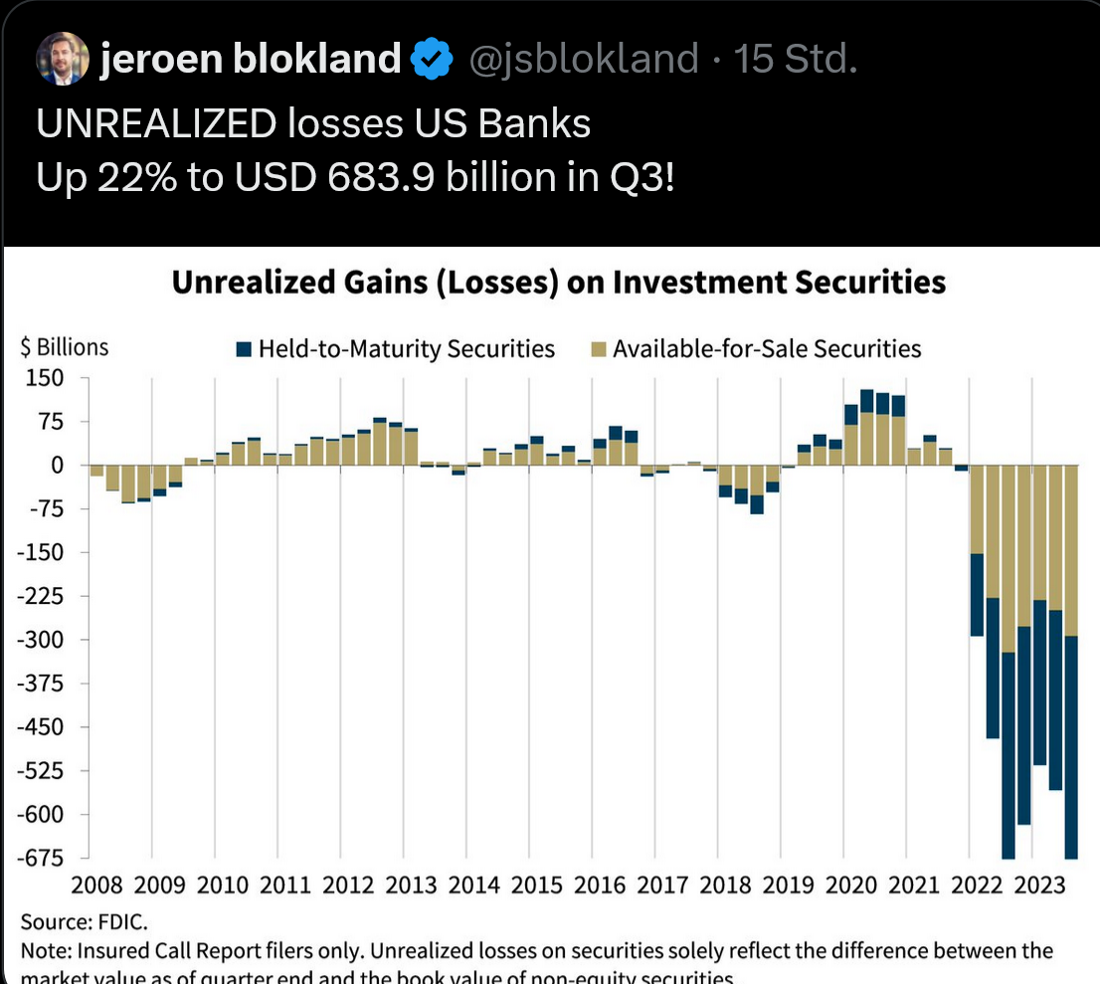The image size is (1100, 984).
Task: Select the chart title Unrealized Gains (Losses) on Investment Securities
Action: [x=558, y=283]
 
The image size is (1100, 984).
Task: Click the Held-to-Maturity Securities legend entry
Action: [x=396, y=349]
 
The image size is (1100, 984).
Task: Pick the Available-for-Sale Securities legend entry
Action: [x=755, y=349]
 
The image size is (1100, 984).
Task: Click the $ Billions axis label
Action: [x=65, y=348]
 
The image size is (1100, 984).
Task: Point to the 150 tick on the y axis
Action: [x=46, y=378]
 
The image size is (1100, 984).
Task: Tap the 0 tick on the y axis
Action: [x=57, y=465]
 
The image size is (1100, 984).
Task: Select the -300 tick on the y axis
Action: [x=41, y=640]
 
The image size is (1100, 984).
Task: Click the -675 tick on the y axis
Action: [x=41, y=858]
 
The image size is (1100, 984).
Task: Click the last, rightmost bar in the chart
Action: [x=1071, y=662]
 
